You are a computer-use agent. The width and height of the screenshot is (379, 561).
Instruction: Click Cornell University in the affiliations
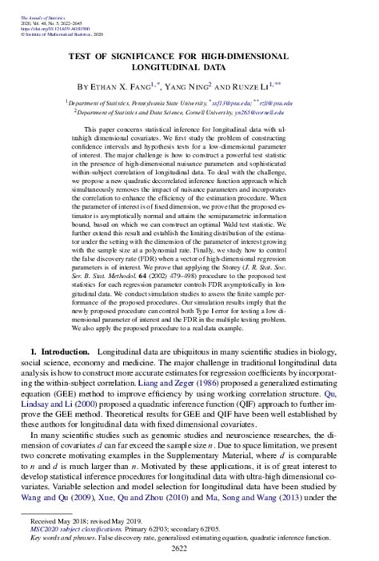pyautogui.click(x=215, y=113)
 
